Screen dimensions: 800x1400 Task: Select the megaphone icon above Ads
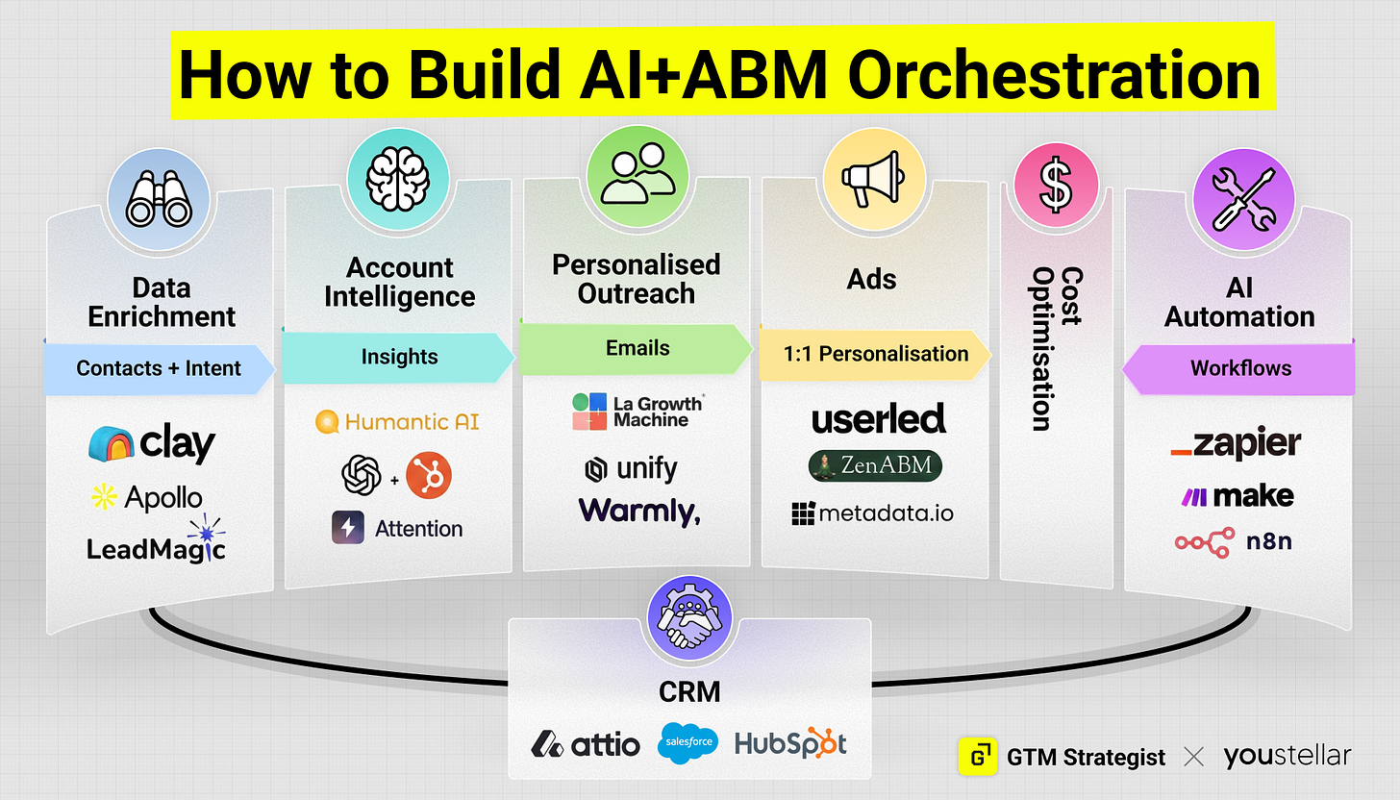pyautogui.click(x=873, y=178)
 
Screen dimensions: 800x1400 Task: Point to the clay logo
pyautogui.click(x=152, y=443)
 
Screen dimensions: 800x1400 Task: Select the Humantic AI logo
pyautogui.click(x=397, y=421)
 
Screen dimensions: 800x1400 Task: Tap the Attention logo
pyautogui.click(x=397, y=528)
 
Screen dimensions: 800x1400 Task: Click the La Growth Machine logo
pyautogui.click(x=636, y=411)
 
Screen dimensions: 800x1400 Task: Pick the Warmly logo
pyautogui.click(x=639, y=512)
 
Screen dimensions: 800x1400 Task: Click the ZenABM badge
pyautogui.click(x=875, y=465)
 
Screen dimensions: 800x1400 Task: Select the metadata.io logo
pyautogui.click(x=873, y=513)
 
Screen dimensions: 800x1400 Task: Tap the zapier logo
pyautogui.click(x=1236, y=444)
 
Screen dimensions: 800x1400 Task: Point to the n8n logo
pyautogui.click(x=1235, y=542)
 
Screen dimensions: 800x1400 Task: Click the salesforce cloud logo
pyautogui.click(x=687, y=743)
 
